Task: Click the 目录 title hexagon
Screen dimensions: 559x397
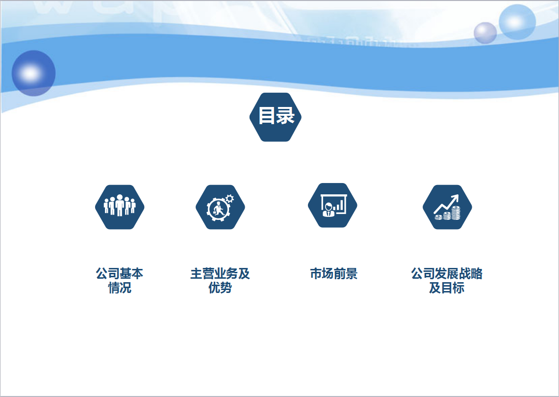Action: pyautogui.click(x=276, y=117)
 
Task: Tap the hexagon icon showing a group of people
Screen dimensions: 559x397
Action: pyautogui.click(x=120, y=207)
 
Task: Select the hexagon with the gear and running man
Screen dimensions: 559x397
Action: pyautogui.click(x=220, y=207)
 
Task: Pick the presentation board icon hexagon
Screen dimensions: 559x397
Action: pyautogui.click(x=332, y=205)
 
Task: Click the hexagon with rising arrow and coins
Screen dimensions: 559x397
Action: pyautogui.click(x=447, y=207)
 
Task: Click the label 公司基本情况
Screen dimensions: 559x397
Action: pyautogui.click(x=120, y=280)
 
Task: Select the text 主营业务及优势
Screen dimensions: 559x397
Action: pyautogui.click(x=220, y=280)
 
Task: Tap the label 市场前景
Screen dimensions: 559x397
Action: pyautogui.click(x=334, y=274)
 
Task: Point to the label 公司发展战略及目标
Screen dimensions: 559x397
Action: pyautogui.click(x=447, y=280)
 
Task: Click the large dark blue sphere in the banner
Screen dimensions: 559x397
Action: pyautogui.click(x=33, y=73)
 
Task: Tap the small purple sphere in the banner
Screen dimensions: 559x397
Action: pyautogui.click(x=485, y=33)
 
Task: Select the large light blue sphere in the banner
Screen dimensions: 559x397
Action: pyautogui.click(x=517, y=22)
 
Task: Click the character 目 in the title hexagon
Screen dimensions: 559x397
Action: pyautogui.click(x=266, y=115)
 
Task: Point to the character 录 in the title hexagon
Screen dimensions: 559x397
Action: pyautogui.click(x=285, y=115)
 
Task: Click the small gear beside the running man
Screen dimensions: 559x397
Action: pyautogui.click(x=230, y=199)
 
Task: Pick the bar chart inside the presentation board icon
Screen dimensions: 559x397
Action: pyautogui.click(x=340, y=206)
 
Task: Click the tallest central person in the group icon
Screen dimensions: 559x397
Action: pyautogui.click(x=120, y=205)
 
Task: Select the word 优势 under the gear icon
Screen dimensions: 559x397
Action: pyautogui.click(x=220, y=288)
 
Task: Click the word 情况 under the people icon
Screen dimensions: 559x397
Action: pyautogui.click(x=120, y=288)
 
